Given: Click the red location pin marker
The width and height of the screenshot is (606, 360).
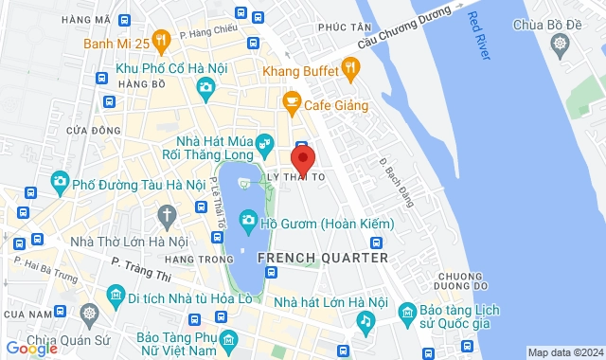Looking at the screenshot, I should [x=302, y=157].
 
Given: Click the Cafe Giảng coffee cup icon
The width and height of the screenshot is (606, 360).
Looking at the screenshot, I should [x=291, y=101].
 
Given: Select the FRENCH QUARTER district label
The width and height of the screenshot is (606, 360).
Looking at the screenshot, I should [x=322, y=258].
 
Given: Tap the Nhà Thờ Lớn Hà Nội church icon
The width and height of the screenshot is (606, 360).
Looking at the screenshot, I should [x=168, y=216].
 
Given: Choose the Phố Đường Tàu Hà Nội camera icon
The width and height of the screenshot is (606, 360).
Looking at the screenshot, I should [x=60, y=181].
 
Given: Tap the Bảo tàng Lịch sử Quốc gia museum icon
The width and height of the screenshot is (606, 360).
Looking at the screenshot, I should [x=406, y=311].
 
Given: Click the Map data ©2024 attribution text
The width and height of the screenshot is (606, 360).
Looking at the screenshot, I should [x=564, y=352].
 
